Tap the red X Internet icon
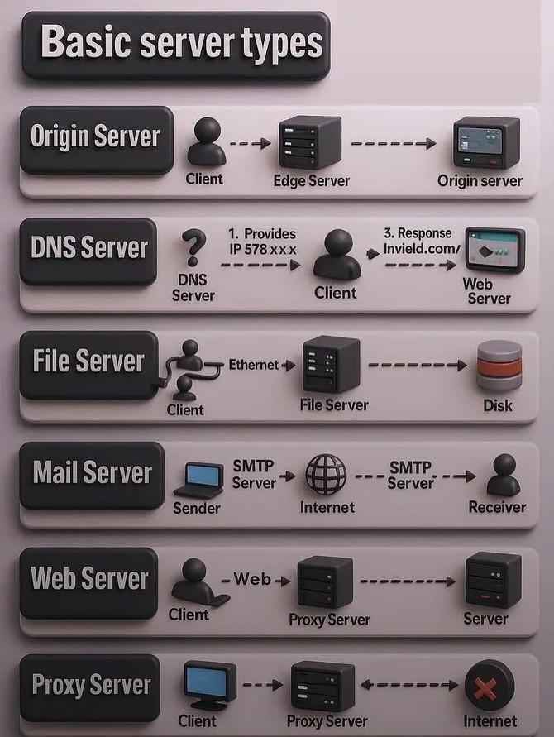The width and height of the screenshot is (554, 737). (490, 686)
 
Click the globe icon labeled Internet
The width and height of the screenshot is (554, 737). (326, 474)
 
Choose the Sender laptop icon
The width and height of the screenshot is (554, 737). (198, 477)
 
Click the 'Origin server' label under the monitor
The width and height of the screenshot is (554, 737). (480, 181)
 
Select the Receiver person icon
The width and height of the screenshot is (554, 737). (503, 474)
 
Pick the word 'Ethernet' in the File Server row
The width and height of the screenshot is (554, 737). (254, 364)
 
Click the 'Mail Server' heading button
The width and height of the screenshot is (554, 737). (92, 474)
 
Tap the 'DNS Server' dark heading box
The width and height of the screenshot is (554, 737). (88, 248)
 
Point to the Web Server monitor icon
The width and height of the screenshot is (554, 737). (494, 251)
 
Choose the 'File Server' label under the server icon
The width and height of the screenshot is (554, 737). (334, 405)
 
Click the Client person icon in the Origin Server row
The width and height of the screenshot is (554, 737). (204, 141)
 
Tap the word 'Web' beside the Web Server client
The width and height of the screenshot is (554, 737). (252, 579)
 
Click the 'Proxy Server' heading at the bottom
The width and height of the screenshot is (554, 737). (91, 685)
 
